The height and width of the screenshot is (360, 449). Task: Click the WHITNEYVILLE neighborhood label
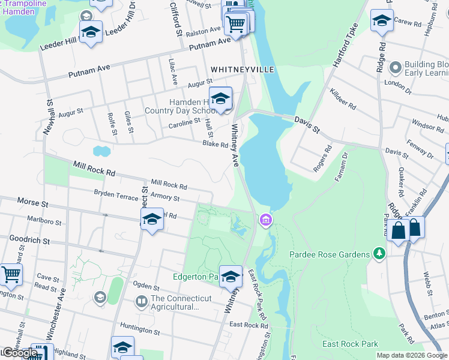point(243,70)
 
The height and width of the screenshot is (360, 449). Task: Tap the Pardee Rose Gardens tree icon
point(379,254)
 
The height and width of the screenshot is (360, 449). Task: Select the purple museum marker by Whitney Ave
point(265,222)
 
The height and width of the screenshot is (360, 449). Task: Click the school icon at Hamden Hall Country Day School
point(220,98)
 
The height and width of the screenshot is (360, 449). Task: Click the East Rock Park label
point(351,344)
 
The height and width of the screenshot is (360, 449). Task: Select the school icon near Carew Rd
point(382,21)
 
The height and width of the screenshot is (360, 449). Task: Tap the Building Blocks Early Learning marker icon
point(395,67)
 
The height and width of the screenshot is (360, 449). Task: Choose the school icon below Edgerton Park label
point(231,277)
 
